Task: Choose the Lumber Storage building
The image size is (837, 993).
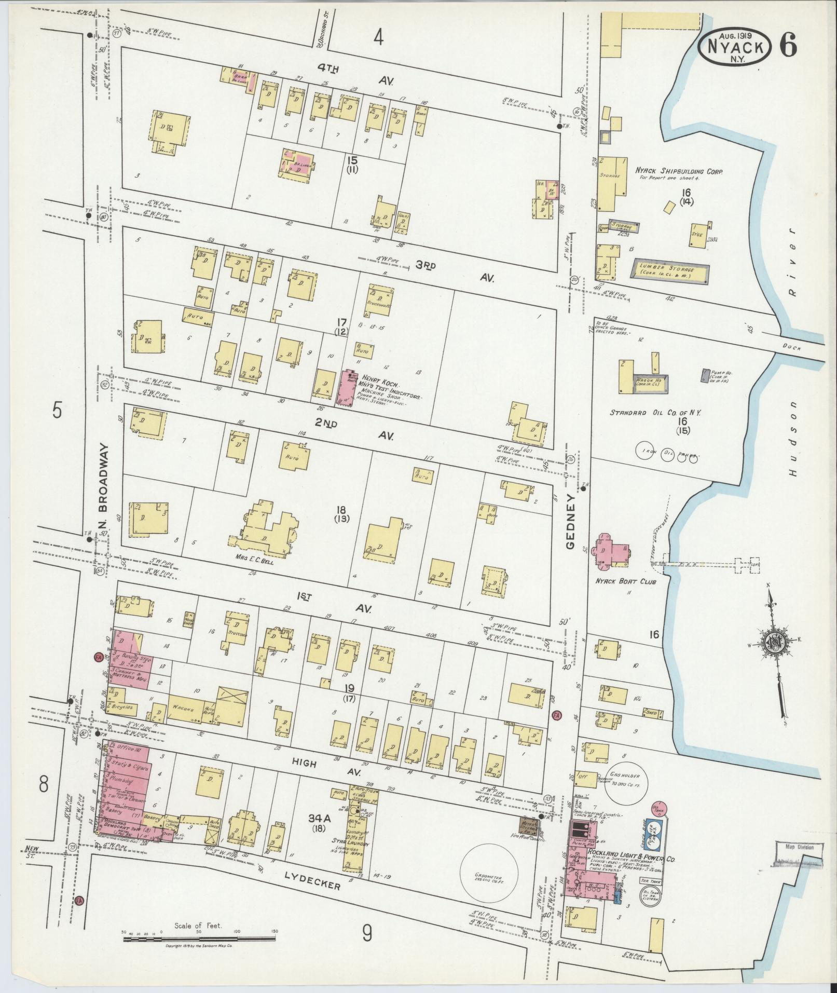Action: coord(670,270)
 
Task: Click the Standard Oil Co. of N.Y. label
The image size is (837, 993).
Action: coord(655,413)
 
